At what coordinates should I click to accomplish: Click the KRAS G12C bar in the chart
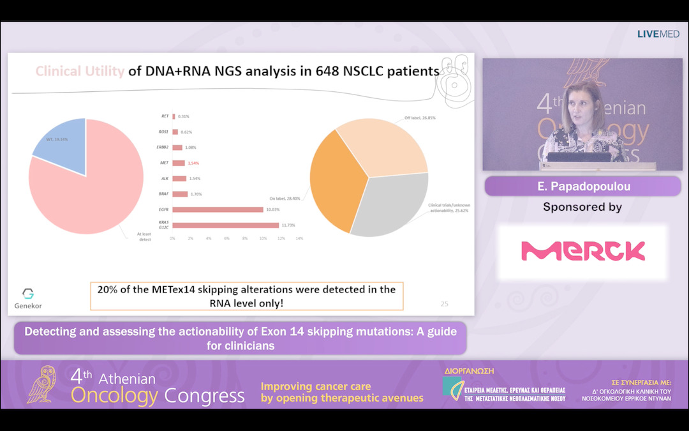click(225, 225)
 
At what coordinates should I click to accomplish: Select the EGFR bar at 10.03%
click(218, 209)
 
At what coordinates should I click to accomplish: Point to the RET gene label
click(165, 116)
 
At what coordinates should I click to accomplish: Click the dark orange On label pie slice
click(335, 182)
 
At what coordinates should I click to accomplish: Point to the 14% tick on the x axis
click(299, 238)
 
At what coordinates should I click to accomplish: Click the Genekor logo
click(27, 298)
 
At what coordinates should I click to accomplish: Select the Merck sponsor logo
click(582, 251)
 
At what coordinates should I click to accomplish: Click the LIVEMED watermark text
click(658, 34)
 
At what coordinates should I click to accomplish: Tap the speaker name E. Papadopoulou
click(582, 186)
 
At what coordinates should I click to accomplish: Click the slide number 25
click(444, 304)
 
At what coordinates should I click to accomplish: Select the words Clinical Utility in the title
click(80, 72)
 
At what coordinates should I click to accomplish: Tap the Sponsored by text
click(582, 207)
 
